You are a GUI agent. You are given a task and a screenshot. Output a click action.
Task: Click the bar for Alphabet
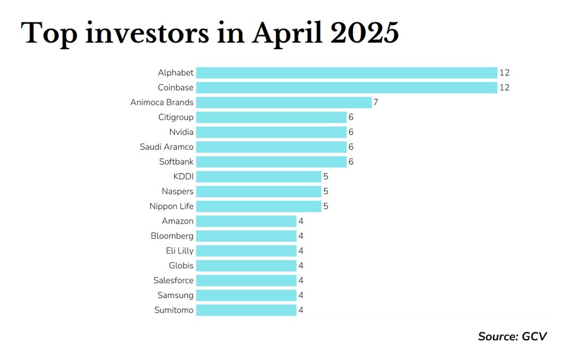coord(347,73)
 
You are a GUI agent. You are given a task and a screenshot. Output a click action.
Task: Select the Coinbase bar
coord(347,87)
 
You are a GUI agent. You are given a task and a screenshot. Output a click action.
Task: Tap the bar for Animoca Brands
coord(284,103)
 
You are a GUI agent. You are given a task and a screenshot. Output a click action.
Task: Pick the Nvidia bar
coord(271,132)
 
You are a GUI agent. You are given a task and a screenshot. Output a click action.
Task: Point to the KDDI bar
coord(259,177)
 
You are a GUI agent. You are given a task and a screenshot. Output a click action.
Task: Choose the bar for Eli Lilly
coord(247,251)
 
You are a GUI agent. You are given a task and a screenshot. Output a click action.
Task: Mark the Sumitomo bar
coord(247,310)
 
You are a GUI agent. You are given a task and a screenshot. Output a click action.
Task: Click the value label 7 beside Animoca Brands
coord(376,103)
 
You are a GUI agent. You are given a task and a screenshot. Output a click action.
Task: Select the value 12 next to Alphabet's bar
coord(505,73)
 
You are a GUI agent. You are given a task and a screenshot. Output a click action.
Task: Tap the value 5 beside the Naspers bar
coord(326,191)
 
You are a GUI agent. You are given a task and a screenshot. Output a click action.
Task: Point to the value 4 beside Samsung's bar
coord(301,296)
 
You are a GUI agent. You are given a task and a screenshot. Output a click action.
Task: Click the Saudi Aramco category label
coord(166,147)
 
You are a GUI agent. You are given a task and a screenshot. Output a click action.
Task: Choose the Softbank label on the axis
coord(176,161)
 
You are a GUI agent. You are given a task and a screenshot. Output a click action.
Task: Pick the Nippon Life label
coord(171,206)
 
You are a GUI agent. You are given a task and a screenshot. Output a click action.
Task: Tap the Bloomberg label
coord(172,236)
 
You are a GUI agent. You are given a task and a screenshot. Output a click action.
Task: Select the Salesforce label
coord(173,280)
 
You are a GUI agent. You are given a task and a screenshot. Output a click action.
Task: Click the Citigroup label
coord(176,117)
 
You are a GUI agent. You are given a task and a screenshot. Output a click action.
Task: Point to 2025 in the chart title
coord(364,33)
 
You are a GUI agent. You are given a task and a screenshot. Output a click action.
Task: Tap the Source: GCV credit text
coord(512,337)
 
